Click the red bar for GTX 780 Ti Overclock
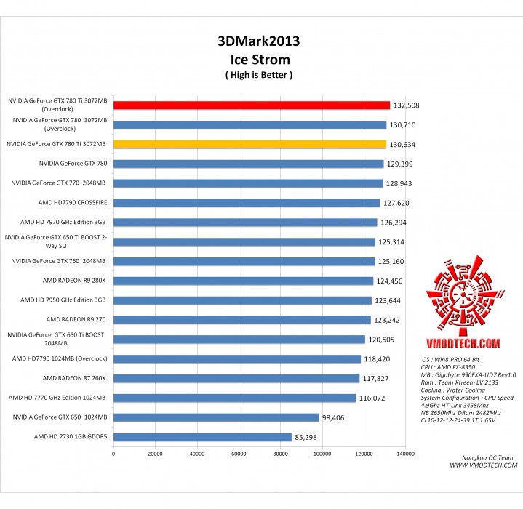coord(251,105)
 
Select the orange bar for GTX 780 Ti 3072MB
coord(249,145)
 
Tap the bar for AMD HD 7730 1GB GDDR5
coord(202,437)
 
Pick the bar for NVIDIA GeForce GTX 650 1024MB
coord(216,417)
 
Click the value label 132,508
coord(406,105)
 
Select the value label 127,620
coord(396,204)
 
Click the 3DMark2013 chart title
coord(259,41)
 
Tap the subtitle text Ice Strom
coord(259,59)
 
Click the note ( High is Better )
coord(259,75)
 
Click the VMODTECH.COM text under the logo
coord(463,342)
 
